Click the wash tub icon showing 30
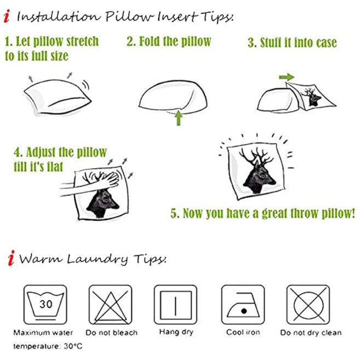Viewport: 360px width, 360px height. pos(45,305)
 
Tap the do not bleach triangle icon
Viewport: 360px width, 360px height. pos(111,305)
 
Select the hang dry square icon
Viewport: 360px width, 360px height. pos(176,305)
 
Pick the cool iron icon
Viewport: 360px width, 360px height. pos(243,305)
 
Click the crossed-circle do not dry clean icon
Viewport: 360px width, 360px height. pos(308,305)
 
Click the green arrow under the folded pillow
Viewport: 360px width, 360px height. pos(179,118)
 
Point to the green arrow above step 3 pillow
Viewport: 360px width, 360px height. pos(287,77)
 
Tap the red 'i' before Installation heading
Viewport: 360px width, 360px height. pos(7,16)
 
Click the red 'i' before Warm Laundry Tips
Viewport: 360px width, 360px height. pos(11,258)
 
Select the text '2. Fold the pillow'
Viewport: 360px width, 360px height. pos(169,42)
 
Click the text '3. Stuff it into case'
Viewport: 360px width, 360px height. pos(292,43)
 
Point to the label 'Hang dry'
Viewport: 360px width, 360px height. pos(176,332)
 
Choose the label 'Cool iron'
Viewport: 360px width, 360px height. pos(243,332)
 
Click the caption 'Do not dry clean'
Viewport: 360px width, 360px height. pos(311,333)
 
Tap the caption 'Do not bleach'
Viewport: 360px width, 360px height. pos(111,333)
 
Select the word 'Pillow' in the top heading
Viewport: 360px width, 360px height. pos(129,16)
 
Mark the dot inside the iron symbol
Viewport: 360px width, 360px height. pos(244,311)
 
